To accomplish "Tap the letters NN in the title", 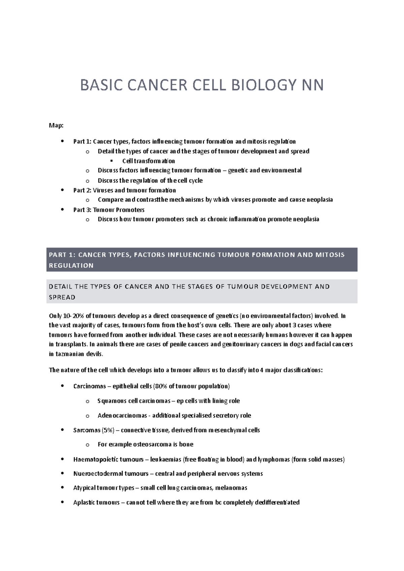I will click(312, 85).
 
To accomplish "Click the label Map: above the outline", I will click(56, 125).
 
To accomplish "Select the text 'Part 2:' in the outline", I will click(82, 190).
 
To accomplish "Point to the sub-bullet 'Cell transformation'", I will click(148, 161).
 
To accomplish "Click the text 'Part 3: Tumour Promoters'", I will click(109, 210).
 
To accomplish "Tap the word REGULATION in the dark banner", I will click(71, 265).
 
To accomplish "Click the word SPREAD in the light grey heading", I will click(62, 297).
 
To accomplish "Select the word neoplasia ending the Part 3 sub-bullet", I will click(306, 219).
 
